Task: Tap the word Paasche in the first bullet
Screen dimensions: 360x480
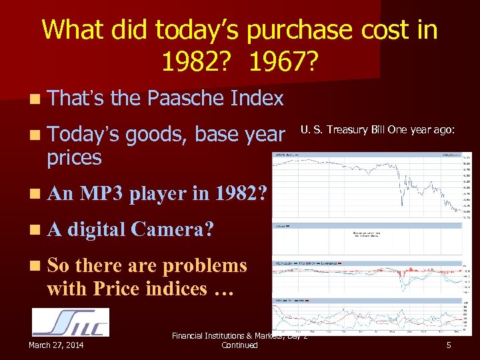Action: point(183,99)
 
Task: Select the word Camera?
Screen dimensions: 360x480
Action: point(173,229)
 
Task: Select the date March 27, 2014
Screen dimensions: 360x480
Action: point(56,345)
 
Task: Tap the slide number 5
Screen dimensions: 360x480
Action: point(449,345)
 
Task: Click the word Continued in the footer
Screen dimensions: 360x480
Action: point(239,345)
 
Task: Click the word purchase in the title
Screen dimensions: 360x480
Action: point(291,30)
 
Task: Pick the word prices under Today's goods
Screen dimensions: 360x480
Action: point(74,158)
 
